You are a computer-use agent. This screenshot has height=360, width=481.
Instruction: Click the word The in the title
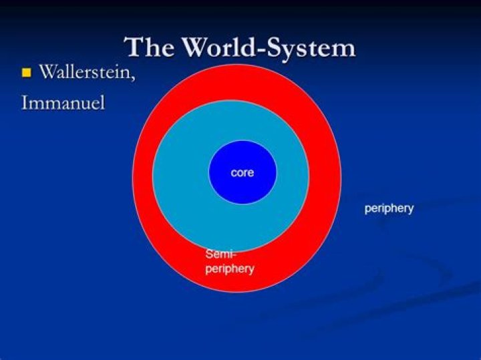[x=145, y=47]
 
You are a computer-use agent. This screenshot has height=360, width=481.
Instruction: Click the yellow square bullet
[x=27, y=73]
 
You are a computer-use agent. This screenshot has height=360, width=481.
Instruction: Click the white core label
[x=243, y=172]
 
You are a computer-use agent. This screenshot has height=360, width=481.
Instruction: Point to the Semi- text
[x=221, y=254]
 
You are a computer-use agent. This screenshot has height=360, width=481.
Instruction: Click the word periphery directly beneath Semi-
[x=229, y=268]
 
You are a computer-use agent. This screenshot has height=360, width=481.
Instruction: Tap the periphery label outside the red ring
[x=389, y=208]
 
